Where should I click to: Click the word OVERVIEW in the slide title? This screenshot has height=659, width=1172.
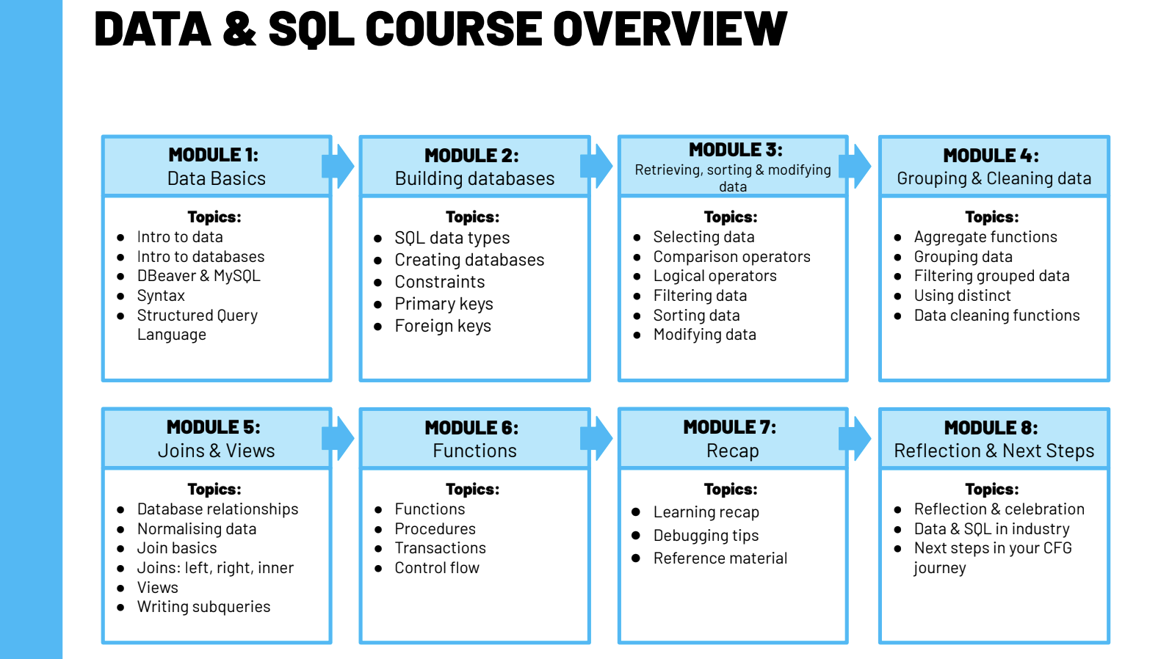click(x=669, y=29)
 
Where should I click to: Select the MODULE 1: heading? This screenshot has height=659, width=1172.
click(x=213, y=155)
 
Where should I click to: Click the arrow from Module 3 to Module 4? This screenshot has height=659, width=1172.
click(x=856, y=166)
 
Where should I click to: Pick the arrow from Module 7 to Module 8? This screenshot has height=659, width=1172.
click(x=856, y=438)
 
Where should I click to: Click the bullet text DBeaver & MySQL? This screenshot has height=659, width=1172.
click(x=198, y=276)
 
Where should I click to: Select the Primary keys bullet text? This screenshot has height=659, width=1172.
click(x=444, y=304)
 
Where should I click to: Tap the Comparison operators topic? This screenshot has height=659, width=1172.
click(x=731, y=257)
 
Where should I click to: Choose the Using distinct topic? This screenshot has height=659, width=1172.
click(x=962, y=296)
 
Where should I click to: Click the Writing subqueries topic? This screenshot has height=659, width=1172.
click(x=203, y=607)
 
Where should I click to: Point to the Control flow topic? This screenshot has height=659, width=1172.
click(x=437, y=568)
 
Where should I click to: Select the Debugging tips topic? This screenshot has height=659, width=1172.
click(x=706, y=536)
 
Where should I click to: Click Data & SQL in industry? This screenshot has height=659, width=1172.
click(x=991, y=529)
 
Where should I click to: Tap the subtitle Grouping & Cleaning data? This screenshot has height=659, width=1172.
click(x=994, y=178)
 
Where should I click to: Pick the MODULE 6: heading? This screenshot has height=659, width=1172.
click(x=471, y=428)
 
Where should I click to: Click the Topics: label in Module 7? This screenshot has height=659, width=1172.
click(x=731, y=489)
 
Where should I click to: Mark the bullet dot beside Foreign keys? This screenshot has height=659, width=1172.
click(x=378, y=327)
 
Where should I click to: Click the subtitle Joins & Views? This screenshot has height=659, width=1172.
click(x=216, y=451)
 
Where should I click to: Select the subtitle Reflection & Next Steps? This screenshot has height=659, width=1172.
click(x=994, y=451)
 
